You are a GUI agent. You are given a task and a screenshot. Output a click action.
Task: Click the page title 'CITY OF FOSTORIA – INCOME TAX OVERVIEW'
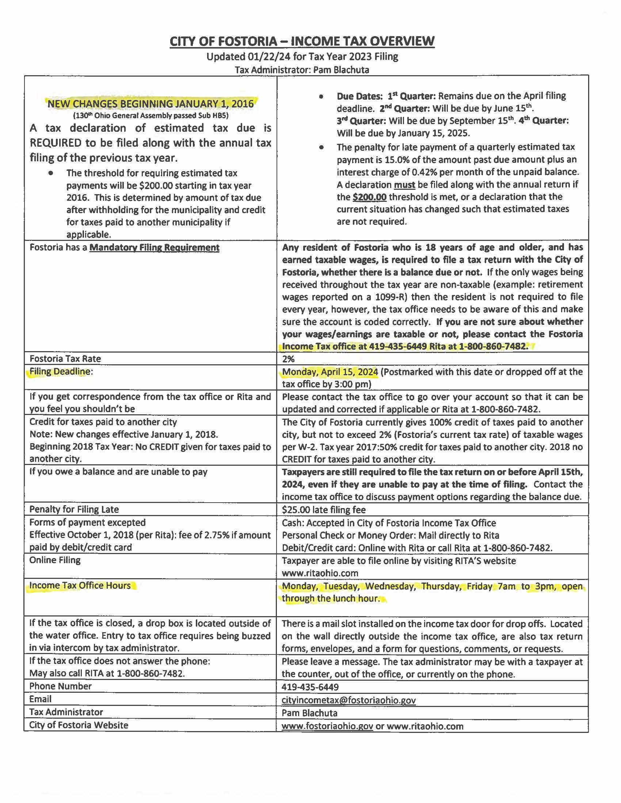tap(302, 41)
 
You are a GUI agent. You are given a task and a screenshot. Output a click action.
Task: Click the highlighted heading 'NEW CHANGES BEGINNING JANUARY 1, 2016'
tap(151, 104)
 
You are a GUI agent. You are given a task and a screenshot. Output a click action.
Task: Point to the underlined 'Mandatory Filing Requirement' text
tap(154, 247)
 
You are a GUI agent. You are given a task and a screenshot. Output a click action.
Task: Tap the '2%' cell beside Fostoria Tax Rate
tap(289, 359)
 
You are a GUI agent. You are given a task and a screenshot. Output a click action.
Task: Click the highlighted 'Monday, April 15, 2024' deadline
tap(330, 372)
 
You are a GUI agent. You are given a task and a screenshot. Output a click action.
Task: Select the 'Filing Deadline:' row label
tap(61, 371)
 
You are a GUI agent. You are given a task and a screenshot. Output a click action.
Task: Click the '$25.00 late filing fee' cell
tap(324, 510)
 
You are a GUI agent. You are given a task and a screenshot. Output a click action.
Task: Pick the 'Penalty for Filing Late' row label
tap(74, 509)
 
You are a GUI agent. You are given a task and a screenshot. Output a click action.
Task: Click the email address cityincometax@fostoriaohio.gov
tap(348, 700)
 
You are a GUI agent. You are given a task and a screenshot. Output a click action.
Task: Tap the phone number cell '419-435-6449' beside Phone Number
tap(310, 687)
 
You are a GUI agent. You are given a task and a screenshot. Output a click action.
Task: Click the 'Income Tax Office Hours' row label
tap(80, 585)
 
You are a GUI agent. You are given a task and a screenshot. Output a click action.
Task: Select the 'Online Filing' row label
tap(55, 560)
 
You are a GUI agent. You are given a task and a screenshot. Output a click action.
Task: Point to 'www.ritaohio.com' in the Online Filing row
tap(320, 573)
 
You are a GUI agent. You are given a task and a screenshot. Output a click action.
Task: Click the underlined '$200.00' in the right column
tap(369, 197)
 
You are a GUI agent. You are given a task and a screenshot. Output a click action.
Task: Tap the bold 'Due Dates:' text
tap(360, 96)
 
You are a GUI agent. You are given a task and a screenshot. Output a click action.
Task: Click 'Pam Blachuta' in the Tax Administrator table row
tap(309, 713)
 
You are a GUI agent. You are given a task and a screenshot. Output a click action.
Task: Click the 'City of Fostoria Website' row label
tap(79, 725)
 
